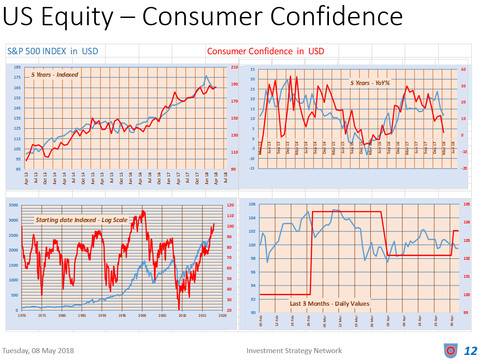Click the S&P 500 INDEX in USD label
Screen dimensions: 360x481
coord(52,51)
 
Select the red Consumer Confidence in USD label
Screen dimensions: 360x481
coord(266,51)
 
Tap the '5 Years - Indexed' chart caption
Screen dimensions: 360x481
coord(55,74)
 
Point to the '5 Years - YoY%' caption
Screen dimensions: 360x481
coord(370,83)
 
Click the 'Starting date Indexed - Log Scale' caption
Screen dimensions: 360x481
coord(81,220)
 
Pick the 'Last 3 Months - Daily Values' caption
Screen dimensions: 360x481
coord(329,303)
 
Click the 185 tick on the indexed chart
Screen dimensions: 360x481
coord(17,68)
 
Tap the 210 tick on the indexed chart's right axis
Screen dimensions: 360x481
coord(234,68)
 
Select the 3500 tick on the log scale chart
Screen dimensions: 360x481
coord(14,205)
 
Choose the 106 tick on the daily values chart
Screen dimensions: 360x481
coord(253,205)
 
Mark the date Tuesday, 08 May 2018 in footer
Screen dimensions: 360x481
coord(39,350)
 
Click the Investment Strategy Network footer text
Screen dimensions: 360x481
coord(294,350)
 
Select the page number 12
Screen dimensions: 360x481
coord(471,351)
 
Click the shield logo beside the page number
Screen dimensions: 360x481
coord(451,351)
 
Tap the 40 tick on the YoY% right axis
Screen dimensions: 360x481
coord(464,70)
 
